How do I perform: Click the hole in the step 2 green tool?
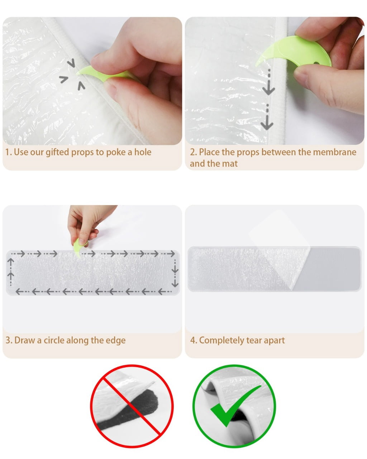[316, 63]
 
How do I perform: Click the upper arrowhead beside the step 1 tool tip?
[72, 63]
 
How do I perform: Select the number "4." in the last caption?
[194, 341]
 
